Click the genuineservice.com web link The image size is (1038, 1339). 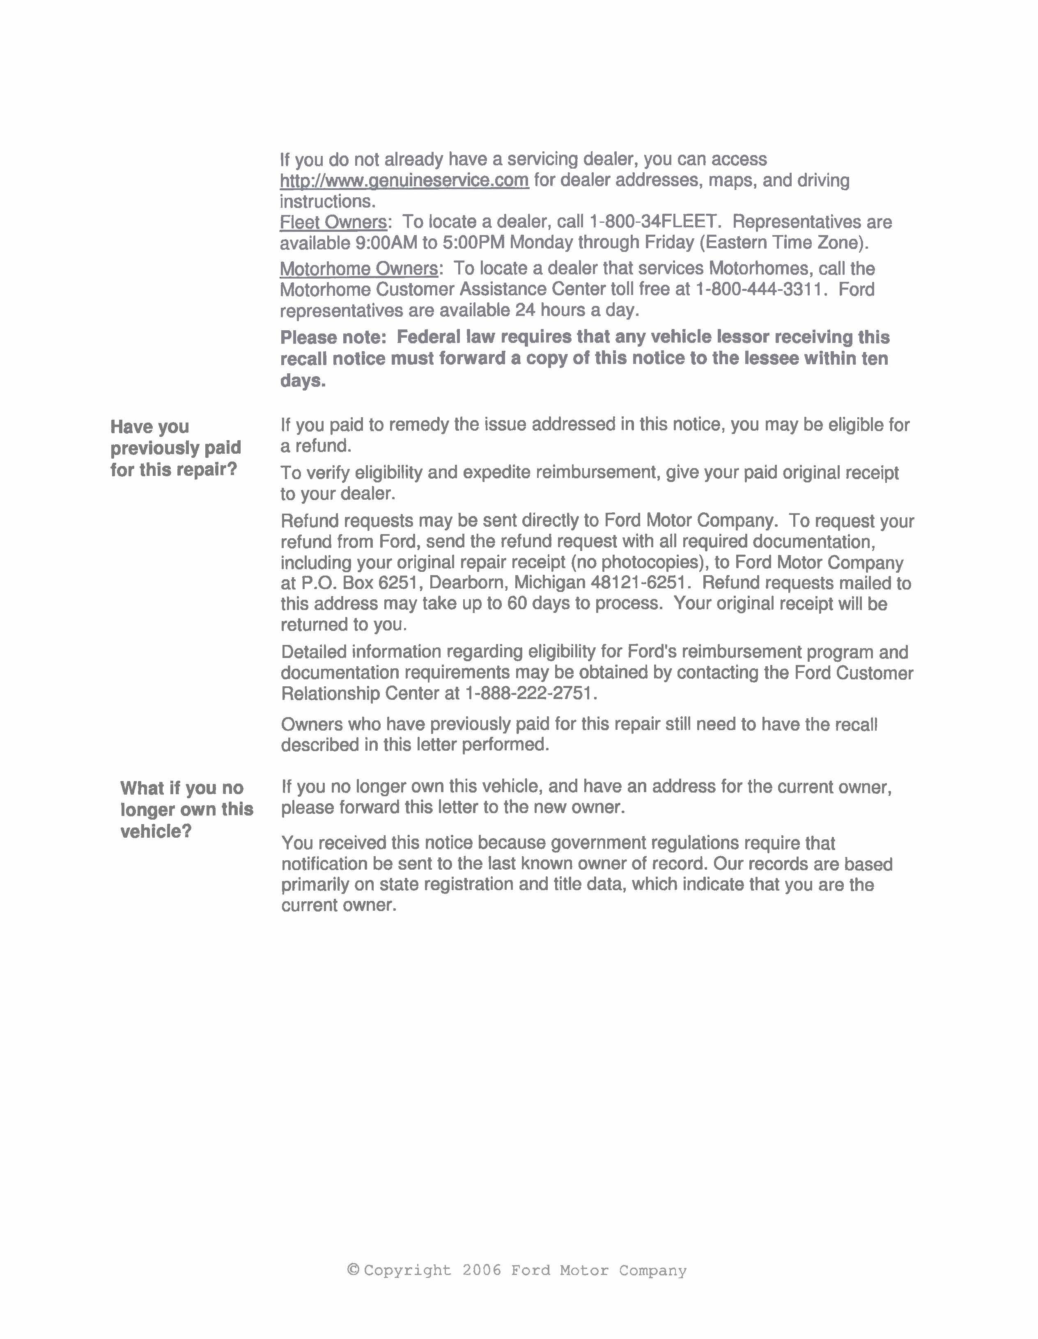404,180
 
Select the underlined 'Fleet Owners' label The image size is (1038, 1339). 333,222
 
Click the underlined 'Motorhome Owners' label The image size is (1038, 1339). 359,269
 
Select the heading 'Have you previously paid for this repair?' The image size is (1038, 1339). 175,448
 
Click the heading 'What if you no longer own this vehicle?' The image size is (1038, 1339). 186,809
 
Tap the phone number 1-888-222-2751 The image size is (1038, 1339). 530,693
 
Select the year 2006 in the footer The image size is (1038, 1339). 482,1270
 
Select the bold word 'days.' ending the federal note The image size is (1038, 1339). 303,381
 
